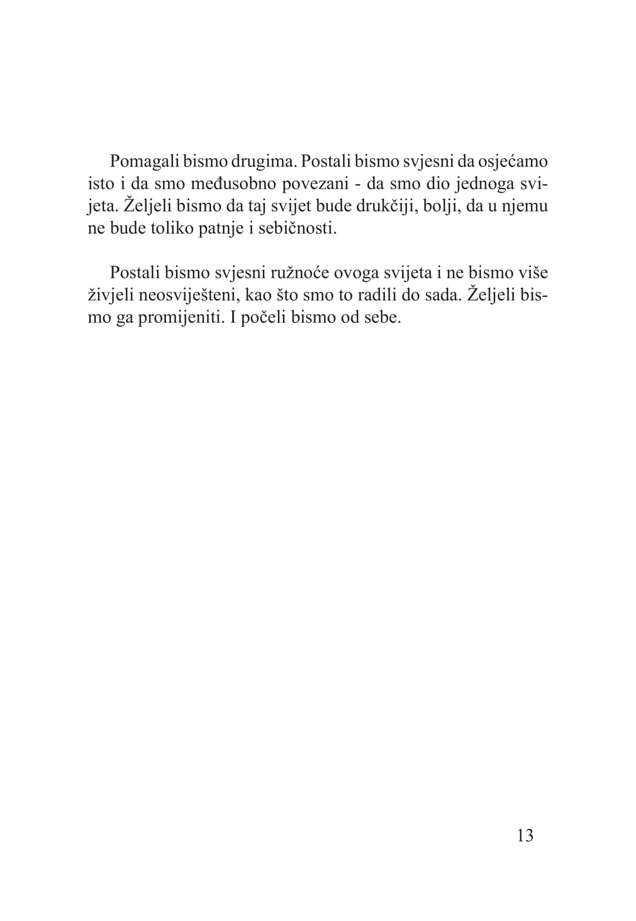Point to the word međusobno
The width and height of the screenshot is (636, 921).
[243, 184]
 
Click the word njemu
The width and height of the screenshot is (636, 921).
[523, 206]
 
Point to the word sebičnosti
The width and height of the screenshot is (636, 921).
[298, 229]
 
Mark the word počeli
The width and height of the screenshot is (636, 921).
[261, 318]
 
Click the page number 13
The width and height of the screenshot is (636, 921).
[525, 836]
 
